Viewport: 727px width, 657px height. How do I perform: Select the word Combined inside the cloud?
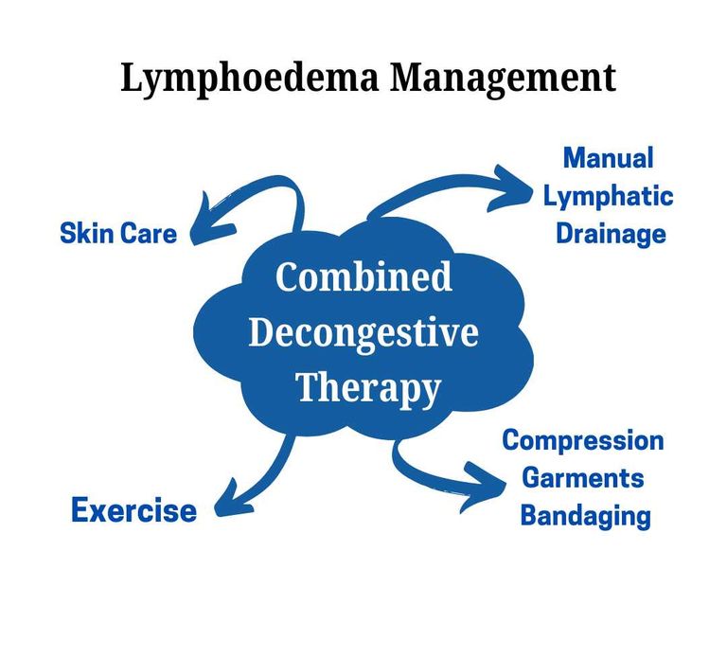363,278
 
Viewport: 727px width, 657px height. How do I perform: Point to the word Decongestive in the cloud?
363,333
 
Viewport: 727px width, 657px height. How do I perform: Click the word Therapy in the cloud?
368,387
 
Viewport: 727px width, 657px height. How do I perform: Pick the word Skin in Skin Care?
87,233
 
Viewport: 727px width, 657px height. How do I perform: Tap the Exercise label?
133,511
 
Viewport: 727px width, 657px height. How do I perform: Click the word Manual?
608,157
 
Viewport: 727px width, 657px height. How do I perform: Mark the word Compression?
582,440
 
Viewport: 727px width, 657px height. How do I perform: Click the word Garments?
583,478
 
